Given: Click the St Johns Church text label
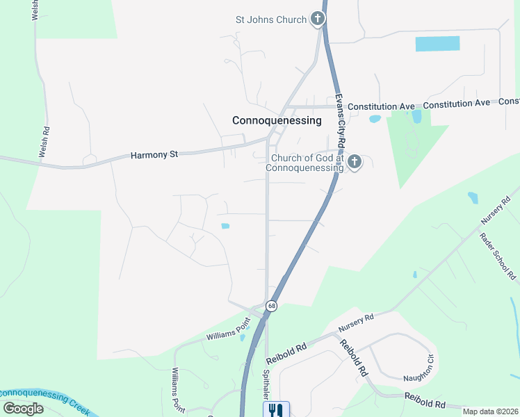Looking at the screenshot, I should coord(270,19).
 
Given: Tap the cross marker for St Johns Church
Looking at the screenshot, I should coord(318,19).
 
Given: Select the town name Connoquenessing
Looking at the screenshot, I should coord(277,120).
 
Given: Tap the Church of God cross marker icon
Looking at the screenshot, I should coord(354,163).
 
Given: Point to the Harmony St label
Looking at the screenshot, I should coord(154,155).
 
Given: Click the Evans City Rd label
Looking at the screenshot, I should coord(340,119).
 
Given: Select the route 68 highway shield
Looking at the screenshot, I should coord(271,306).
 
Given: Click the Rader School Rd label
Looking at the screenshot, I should coord(498,255).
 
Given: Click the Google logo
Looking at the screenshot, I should coord(23,408).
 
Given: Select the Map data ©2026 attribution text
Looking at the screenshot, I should coord(491,411).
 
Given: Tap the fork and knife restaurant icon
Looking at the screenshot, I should coord(276,410).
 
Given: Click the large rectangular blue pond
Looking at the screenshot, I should coord(437,43).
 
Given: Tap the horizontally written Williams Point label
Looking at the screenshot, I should coord(227,334).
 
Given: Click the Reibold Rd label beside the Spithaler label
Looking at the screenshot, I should coord(286,354).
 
